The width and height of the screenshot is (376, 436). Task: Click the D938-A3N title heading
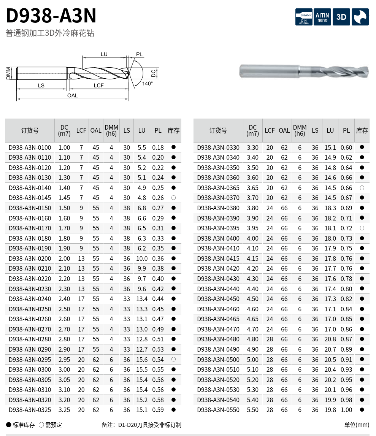pos(51,16)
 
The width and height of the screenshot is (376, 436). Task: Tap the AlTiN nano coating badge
pos(322,17)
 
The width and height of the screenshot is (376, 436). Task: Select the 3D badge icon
pos(341,17)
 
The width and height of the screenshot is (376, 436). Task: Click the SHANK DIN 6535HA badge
pos(304,17)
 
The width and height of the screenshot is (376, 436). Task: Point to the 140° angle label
pos(148,83)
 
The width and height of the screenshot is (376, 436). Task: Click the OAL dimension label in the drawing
pos(72,95)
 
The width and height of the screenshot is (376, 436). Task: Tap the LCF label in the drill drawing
pos(98,86)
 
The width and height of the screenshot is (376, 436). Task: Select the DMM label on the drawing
pos(8,73)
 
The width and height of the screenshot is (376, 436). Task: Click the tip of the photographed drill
pos(368,71)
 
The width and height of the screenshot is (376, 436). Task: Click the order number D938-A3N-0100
pos(30,147)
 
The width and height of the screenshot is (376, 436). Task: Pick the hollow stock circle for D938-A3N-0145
pos(173,198)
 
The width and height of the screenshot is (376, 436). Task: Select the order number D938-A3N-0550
pos(218,410)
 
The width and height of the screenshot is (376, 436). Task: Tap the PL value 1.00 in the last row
pos(346,410)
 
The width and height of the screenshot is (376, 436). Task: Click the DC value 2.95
pos(64,360)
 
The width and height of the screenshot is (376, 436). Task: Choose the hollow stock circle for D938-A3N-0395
pos(362,228)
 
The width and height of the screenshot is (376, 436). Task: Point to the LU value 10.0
pos(142,258)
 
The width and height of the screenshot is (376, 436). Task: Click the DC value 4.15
pos(252,258)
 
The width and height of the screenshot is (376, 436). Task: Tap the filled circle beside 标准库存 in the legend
pos(8,425)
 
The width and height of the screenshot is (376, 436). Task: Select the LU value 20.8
pos(330,339)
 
